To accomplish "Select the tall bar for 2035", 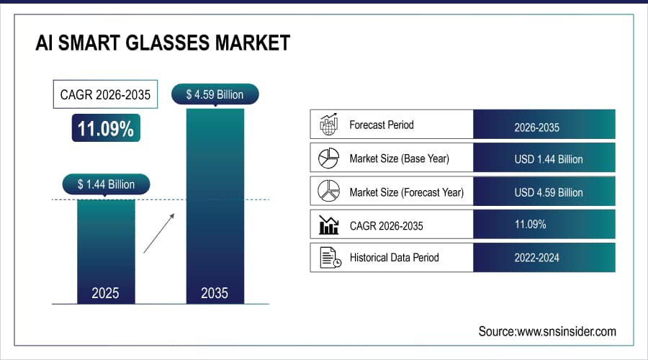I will tap(215, 202).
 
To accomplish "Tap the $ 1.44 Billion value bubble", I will tap(106, 184).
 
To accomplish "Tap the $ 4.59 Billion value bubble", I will tap(215, 94).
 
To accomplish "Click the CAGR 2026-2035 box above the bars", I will tap(106, 95).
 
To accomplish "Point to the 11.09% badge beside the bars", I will tap(106, 129).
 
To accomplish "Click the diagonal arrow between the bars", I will tap(158, 233).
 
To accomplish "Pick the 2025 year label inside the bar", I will tap(106, 293).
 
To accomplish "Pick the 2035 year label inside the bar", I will tap(215, 293).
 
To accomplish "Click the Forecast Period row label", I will tap(382, 125).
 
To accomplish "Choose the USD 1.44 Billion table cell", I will tap(544, 158).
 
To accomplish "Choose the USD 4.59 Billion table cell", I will tap(544, 192).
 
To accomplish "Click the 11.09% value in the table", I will tap(531, 225).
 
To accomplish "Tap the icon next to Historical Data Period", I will tap(329, 257).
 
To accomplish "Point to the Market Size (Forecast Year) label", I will tap(406, 192).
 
